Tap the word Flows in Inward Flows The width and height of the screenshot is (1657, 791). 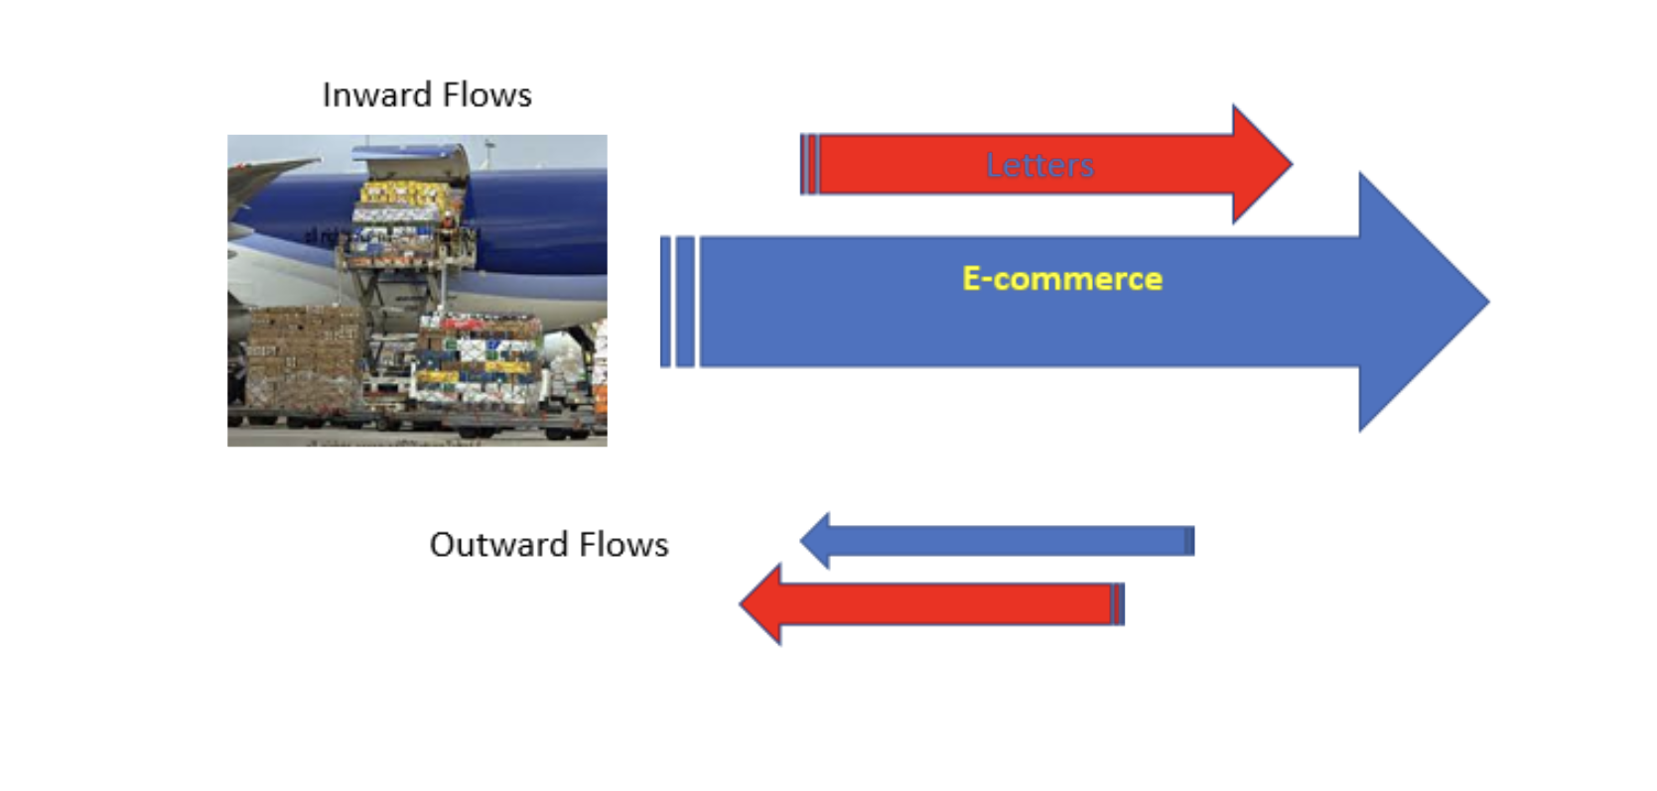(x=486, y=95)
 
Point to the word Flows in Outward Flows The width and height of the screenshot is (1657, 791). (x=623, y=545)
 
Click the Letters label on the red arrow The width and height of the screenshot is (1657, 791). (x=1039, y=165)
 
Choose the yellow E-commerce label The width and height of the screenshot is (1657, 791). (x=1061, y=279)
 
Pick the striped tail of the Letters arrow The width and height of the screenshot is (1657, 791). (x=809, y=164)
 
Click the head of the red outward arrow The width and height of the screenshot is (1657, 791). (x=762, y=604)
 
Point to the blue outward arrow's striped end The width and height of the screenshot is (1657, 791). (x=1188, y=541)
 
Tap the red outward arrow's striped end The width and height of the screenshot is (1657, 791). (x=1117, y=604)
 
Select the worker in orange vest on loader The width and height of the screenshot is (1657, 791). (x=450, y=221)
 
